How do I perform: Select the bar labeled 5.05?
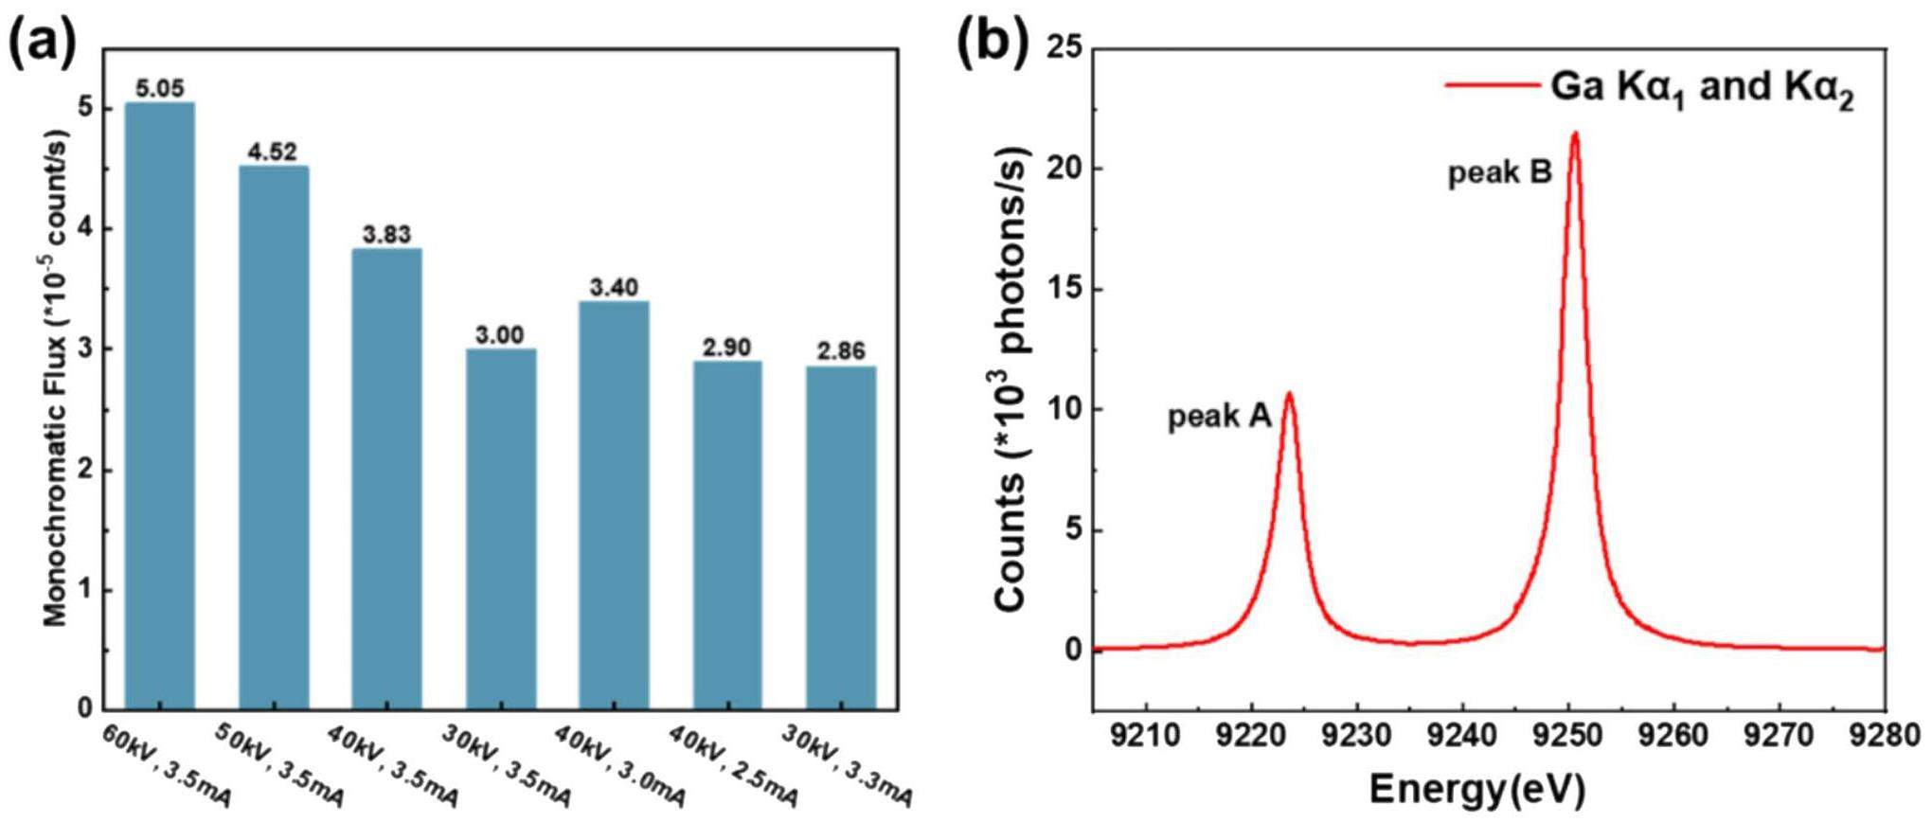click(159, 407)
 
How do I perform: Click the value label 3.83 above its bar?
click(386, 234)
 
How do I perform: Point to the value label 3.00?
click(500, 335)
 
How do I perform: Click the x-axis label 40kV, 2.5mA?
click(733, 766)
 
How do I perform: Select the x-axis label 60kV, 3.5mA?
click(167, 766)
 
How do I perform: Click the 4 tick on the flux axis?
click(87, 229)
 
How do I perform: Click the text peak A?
click(1219, 417)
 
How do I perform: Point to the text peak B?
click(1499, 173)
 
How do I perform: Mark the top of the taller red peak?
click(1574, 134)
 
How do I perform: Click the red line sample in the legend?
click(1491, 86)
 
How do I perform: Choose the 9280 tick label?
click(1885, 735)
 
